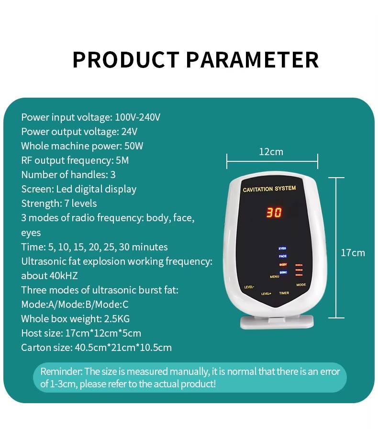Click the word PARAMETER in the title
tap(252, 60)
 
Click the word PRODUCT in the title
tap(126, 60)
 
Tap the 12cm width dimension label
tap(271, 152)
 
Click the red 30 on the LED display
tap(274, 213)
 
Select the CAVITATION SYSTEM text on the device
tap(269, 189)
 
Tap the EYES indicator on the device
tap(282, 249)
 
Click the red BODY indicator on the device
tap(283, 264)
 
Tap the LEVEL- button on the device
tap(249, 287)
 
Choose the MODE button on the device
tap(300, 284)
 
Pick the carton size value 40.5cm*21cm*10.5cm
tap(123, 348)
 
